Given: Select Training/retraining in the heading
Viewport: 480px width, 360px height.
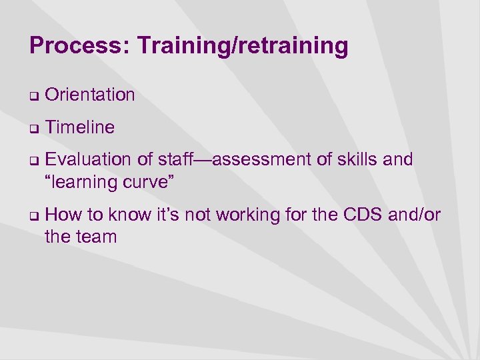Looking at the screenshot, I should [242, 46].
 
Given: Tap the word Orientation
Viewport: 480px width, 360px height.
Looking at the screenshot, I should [90, 95].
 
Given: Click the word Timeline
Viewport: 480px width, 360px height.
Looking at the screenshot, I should [80, 127].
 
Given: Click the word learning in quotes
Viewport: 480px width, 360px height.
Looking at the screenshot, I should [84, 181].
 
